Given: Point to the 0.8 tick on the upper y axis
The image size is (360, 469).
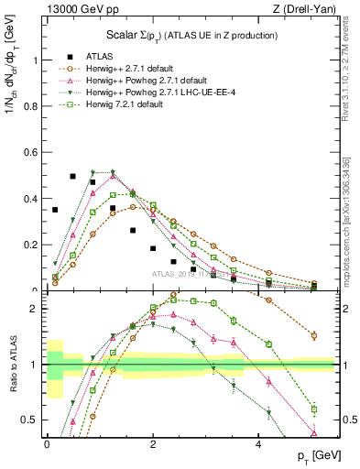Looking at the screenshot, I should pyautogui.click(x=34, y=107).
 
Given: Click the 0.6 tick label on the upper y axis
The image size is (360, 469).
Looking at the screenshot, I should pyautogui.click(x=34, y=153).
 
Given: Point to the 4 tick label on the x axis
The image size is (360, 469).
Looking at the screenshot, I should pyautogui.click(x=260, y=444).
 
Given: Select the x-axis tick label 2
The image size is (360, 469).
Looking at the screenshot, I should pyautogui.click(x=153, y=444).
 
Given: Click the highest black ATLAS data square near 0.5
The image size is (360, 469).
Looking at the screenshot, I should pyautogui.click(x=73, y=176).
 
